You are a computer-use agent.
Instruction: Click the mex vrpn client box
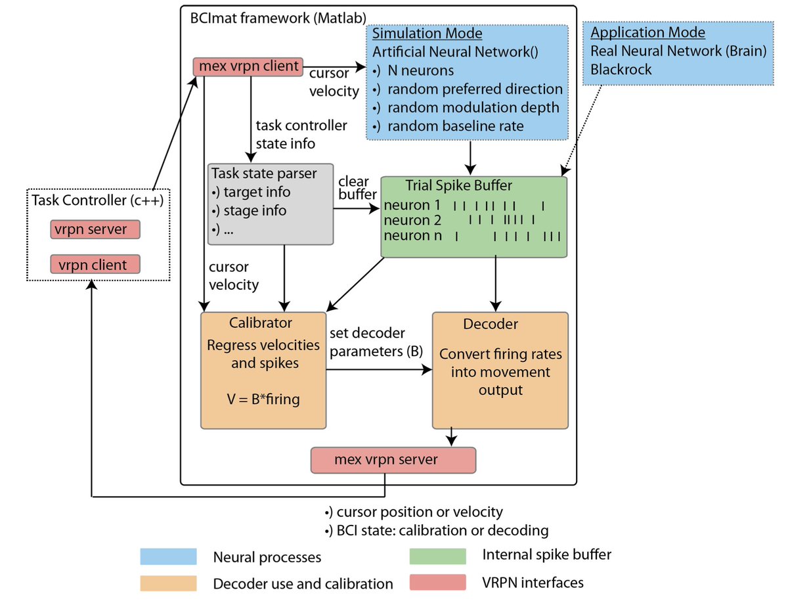(248, 66)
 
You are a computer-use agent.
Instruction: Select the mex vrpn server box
(393, 460)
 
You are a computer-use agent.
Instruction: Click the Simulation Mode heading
(427, 34)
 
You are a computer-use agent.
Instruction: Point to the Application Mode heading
(647, 33)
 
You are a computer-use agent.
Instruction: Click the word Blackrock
(621, 68)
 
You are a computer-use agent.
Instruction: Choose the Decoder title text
(490, 325)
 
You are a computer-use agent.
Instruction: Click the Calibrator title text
(261, 323)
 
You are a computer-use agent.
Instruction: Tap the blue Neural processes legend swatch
(169, 556)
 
